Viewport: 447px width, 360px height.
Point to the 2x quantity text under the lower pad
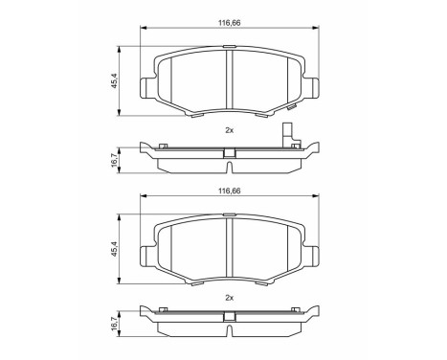coord(228,298)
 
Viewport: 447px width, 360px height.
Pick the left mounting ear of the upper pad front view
coord(147,87)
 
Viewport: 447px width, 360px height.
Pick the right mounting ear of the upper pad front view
coord(310,87)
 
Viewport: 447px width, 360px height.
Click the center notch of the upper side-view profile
coord(228,152)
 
